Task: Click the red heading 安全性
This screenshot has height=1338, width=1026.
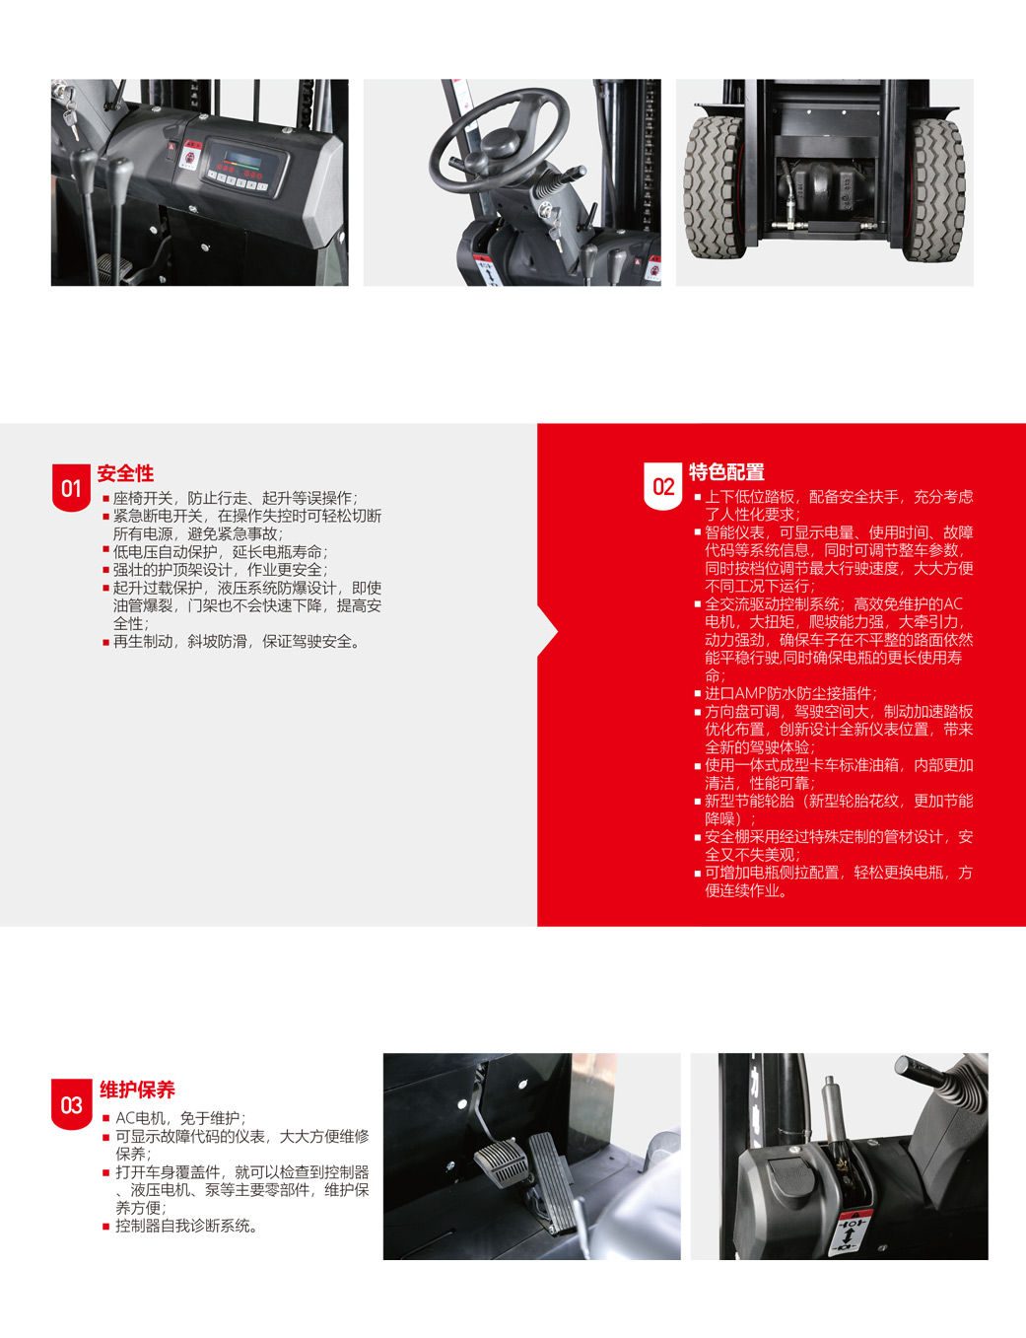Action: (125, 473)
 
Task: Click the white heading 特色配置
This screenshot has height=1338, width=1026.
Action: (726, 472)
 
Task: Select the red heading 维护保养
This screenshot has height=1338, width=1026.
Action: (137, 1090)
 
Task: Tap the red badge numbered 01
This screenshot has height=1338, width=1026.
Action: (71, 488)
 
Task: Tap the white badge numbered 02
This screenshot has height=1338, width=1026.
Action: (663, 486)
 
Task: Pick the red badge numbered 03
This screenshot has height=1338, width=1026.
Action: (71, 1104)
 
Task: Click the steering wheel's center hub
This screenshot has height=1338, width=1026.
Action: (499, 144)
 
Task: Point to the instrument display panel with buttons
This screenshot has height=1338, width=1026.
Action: (245, 168)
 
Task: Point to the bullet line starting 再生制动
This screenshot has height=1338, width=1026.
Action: (232, 642)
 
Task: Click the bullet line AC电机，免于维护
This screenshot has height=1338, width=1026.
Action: (175, 1118)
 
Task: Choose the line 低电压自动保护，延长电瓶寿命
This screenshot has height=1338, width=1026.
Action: (216, 552)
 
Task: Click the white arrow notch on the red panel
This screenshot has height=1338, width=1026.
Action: (548, 631)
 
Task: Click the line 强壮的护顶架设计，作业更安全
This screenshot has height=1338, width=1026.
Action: (216, 570)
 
